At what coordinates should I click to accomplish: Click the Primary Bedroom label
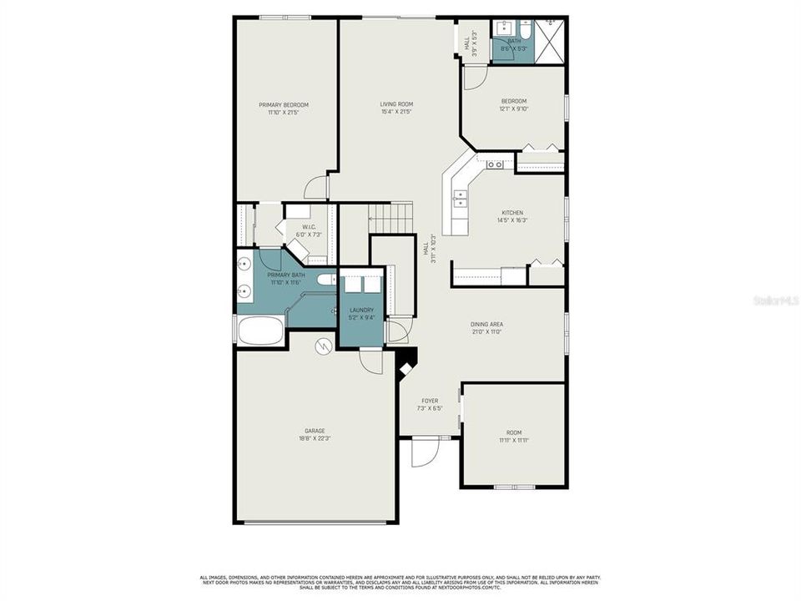(284, 105)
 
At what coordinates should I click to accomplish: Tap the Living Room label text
(397, 104)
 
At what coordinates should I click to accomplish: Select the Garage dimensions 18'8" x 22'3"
(315, 438)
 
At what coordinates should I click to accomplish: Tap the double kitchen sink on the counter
(460, 198)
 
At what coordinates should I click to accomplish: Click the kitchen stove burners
(495, 164)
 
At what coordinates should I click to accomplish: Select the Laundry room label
(361, 310)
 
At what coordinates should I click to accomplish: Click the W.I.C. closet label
(308, 226)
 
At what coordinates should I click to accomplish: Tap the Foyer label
(428, 401)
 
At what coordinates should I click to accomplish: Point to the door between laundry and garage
(370, 360)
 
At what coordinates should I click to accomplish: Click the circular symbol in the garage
(323, 345)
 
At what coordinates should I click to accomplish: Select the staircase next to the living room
(391, 218)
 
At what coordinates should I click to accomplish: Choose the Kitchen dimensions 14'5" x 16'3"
(512, 220)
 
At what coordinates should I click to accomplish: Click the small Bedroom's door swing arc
(473, 78)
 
